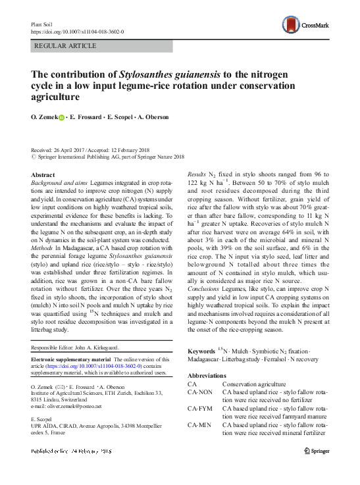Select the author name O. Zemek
44,118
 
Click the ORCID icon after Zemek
63,118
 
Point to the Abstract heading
43,174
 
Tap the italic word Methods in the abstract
44,230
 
